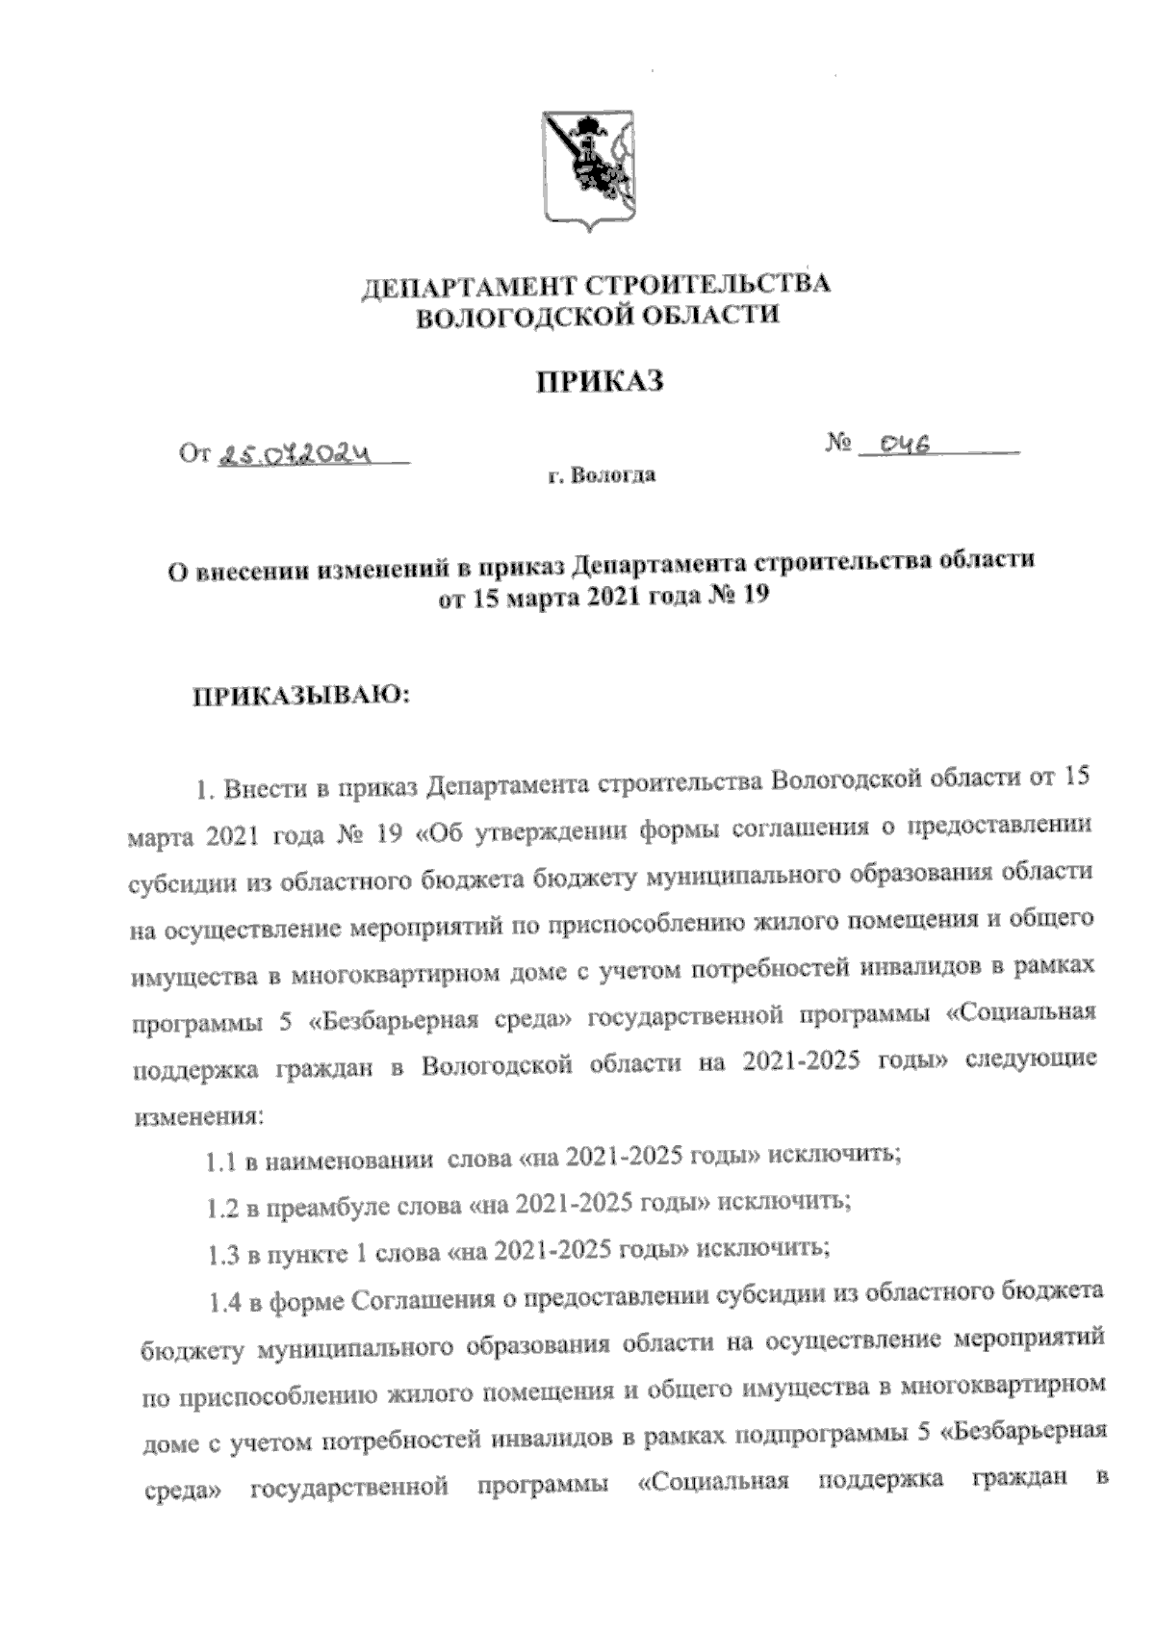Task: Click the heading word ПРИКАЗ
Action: [600, 382]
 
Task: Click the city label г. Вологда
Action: [603, 475]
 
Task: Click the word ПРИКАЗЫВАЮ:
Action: [298, 695]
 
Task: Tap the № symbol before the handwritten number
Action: [838, 444]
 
